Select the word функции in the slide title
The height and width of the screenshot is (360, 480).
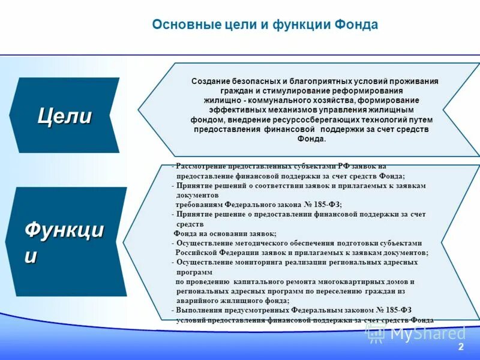302,25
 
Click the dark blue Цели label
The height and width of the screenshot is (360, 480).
65,115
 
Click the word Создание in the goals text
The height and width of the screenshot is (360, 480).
209,81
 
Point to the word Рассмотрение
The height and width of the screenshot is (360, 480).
204,166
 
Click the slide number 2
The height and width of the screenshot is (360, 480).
461,347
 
